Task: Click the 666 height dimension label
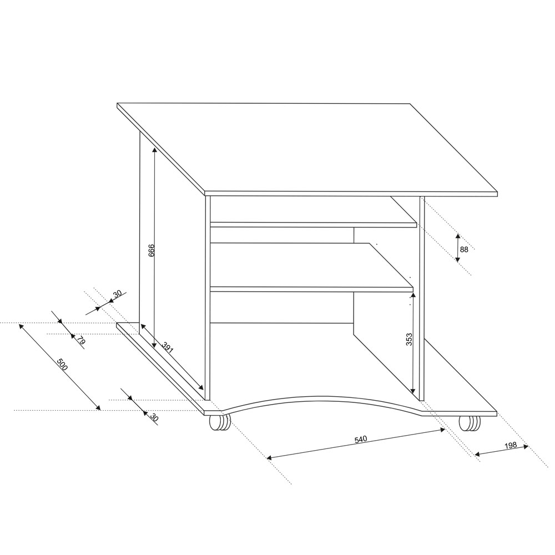point(151,250)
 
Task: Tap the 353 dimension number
point(409,339)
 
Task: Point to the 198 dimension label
point(511,445)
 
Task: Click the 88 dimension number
point(464,250)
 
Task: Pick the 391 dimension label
point(168,347)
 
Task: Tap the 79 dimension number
point(81,341)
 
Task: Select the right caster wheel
point(470,423)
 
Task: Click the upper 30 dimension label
point(117,294)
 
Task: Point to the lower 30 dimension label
point(154,417)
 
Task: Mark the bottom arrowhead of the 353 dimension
point(413,391)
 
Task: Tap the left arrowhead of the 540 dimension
point(269,458)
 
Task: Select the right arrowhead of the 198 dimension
point(526,446)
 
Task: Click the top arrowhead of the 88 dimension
point(457,236)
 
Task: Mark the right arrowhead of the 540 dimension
point(442,430)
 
